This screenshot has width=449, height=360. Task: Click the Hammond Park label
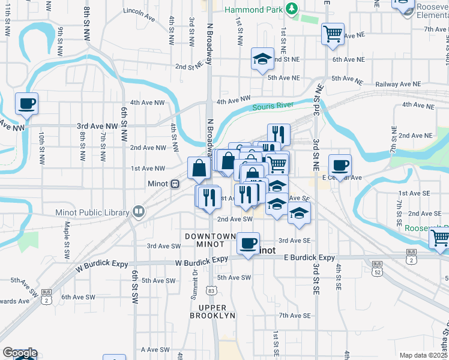point(253,10)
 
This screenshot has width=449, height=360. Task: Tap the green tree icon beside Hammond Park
point(291,8)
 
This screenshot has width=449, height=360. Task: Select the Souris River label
point(273,107)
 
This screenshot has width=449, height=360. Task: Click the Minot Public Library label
point(92,212)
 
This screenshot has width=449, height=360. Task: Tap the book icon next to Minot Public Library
point(139,211)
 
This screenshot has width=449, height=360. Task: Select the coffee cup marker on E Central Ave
point(340,166)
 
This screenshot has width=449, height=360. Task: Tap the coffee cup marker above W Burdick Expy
point(248,244)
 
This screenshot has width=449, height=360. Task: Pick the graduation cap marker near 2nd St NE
point(262,59)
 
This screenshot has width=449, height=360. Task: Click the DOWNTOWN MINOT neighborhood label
point(210,241)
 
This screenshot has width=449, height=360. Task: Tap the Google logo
point(20,353)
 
